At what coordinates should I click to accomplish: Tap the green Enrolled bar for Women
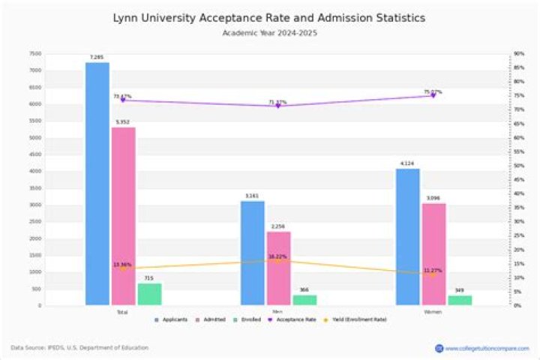click(x=460, y=300)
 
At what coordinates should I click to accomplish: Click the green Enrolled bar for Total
click(x=149, y=294)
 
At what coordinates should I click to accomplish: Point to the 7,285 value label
click(x=97, y=57)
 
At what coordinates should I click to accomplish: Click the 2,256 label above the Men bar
click(x=279, y=226)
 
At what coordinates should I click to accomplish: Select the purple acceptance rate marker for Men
click(x=278, y=106)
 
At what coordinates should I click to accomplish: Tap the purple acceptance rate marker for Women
click(x=433, y=95)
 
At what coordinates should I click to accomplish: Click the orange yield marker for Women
click(x=433, y=274)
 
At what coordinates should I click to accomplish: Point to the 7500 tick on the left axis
click(x=36, y=54)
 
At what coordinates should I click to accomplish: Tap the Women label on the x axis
click(x=433, y=311)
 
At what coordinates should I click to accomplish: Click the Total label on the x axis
click(x=122, y=311)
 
